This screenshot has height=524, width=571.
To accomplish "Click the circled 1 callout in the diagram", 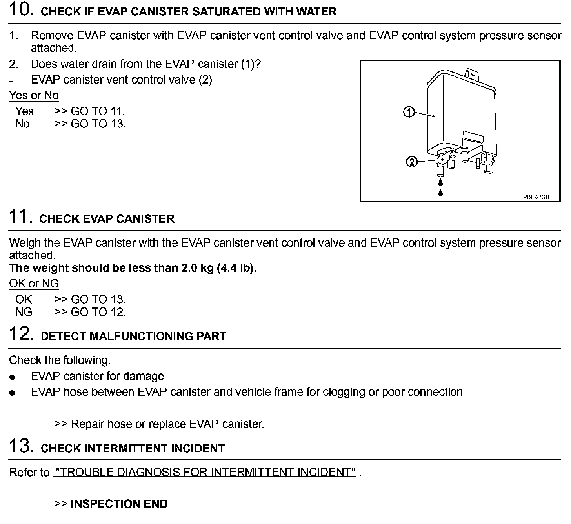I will pyautogui.click(x=409, y=113).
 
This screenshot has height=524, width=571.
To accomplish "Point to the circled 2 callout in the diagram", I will pyautogui.click(x=411, y=162).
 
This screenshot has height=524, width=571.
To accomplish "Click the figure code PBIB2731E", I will pyautogui.click(x=537, y=197).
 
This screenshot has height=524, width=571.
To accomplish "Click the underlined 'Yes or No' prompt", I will pyautogui.click(x=34, y=95).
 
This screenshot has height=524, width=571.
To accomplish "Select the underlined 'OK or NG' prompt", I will pyautogui.click(x=34, y=284).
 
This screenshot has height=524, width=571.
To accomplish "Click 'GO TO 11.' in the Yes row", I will pyautogui.click(x=98, y=111).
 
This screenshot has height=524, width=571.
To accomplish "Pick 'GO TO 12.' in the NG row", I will pyautogui.click(x=98, y=312).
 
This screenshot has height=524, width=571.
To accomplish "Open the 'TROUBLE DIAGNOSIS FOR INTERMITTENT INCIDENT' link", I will pyautogui.click(x=204, y=472).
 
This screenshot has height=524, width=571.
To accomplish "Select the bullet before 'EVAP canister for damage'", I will pyautogui.click(x=13, y=377).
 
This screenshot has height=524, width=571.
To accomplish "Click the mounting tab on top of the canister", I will pyautogui.click(x=472, y=73).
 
